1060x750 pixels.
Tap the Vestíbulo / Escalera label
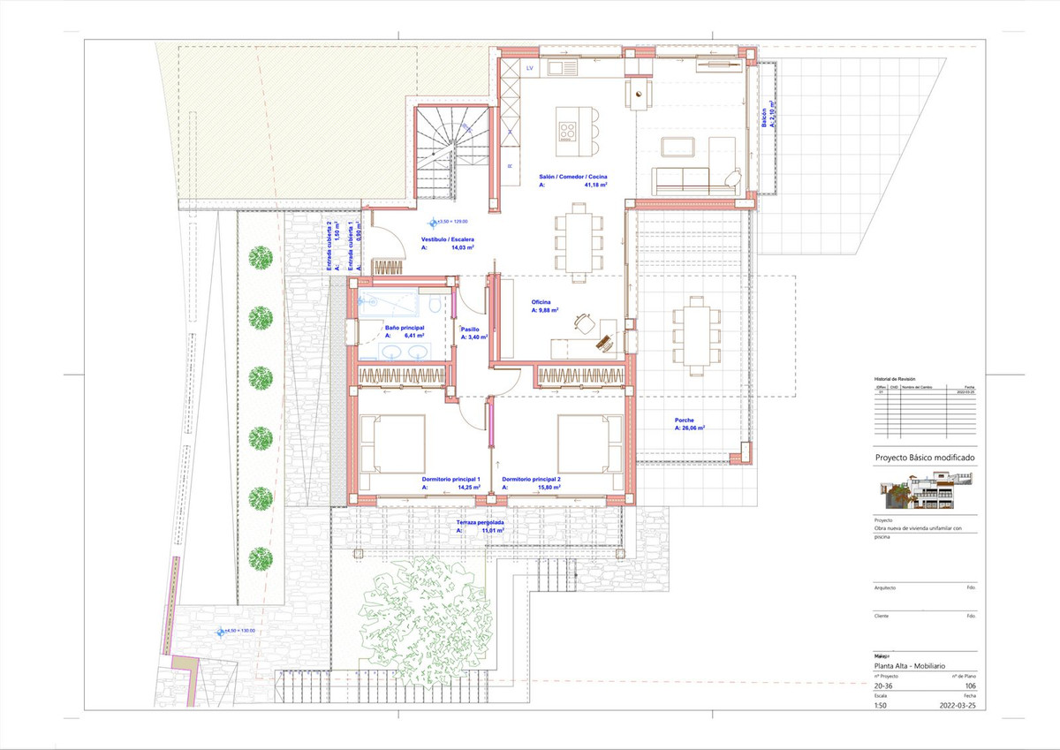pyautogui.click(x=450, y=239)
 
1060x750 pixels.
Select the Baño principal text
pyautogui.click(x=405, y=328)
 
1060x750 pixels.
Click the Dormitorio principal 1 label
pyautogui.click(x=450, y=479)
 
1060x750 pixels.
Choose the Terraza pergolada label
pyautogui.click(x=481, y=523)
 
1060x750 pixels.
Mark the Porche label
pyautogui.click(x=684, y=420)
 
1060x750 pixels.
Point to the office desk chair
pyautogui.click(x=583, y=323)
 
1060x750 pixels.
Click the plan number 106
pyautogui.click(x=971, y=686)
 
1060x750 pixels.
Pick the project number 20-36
pyautogui.click(x=883, y=686)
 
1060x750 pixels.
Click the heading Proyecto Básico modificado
pyautogui.click(x=924, y=458)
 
